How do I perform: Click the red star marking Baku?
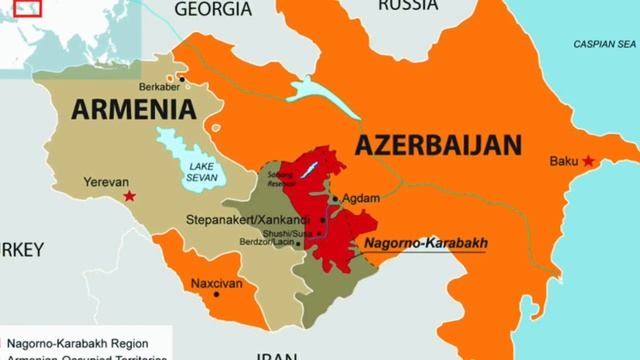pyautogui.click(x=589, y=161)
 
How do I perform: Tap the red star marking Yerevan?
pyautogui.click(x=129, y=195)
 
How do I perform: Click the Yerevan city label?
pyautogui.click(x=98, y=183)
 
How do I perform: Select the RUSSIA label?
pyautogui.click(x=407, y=5)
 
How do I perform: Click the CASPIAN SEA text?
pyautogui.click(x=604, y=45)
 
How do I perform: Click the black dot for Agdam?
pyautogui.click(x=334, y=198)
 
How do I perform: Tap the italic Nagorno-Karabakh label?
pyautogui.click(x=424, y=242)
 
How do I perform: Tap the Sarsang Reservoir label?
pyautogui.click(x=281, y=179)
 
